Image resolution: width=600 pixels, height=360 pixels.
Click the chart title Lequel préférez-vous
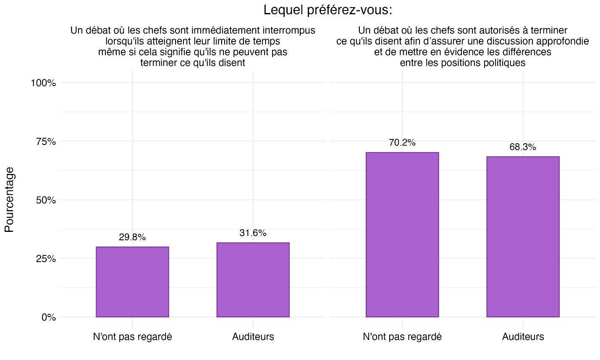pos(328,10)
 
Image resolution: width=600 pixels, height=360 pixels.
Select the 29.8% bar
pos(132,282)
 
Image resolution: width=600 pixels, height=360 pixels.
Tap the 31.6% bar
pos(253,280)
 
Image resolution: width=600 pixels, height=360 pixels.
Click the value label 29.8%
pos(132,237)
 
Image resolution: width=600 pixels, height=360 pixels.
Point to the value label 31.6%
pos(253,233)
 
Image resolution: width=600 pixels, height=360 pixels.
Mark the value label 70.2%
pos(402,143)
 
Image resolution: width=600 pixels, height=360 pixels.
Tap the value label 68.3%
pos(523,147)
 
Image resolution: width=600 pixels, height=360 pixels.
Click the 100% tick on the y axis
pos(43,83)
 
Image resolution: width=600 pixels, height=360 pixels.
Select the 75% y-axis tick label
pos(45,142)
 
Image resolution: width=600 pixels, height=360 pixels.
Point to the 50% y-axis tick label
pos(45,200)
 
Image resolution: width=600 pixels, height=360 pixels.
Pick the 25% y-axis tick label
pos(45,259)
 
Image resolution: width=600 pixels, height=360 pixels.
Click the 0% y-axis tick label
pos(48,318)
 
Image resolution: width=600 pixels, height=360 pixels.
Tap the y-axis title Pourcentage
pos(10,200)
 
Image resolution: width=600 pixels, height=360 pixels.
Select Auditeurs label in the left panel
pos(253,337)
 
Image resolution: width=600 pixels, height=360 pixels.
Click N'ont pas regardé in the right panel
pos(402,337)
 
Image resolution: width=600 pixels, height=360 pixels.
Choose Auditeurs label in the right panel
pos(523,337)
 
